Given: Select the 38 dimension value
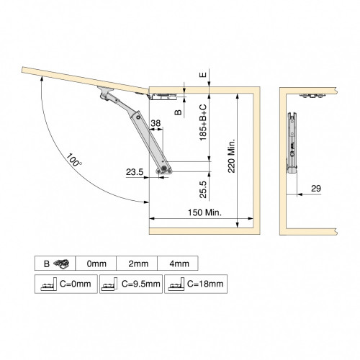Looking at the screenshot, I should [x=156, y=125].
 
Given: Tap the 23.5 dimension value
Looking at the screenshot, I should [x=135, y=172].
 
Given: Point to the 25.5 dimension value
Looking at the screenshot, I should [x=204, y=189].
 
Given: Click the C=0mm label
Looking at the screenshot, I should [x=75, y=284].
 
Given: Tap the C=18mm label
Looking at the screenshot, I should [x=205, y=284].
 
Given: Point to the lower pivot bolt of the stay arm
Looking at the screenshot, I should [x=167, y=168].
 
